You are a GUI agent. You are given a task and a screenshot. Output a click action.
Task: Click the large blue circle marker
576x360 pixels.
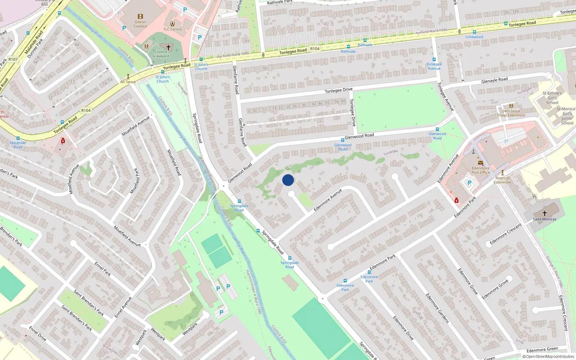pyautogui.click(x=288, y=180)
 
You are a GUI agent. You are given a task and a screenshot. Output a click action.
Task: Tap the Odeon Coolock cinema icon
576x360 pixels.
pyautogui.click(x=140, y=17)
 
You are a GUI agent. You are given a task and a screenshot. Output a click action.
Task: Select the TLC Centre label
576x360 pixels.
pyautogui.click(x=172, y=30)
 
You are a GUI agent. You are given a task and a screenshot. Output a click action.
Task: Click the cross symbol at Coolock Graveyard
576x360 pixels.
pyautogui.click(x=168, y=47)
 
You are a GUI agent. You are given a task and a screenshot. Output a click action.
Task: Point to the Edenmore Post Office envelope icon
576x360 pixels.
pyautogui.click(x=480, y=163)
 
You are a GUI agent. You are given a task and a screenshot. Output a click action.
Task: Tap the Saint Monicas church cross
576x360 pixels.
pyautogui.click(x=544, y=213)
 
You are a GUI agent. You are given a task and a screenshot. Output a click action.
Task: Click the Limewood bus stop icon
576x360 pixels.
pyautogui.click(x=474, y=32)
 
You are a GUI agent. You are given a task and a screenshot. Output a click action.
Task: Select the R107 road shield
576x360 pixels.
pyautogui.click(x=13, y=59)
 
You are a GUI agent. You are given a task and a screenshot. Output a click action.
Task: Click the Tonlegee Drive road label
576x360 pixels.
pyautogui.click(x=338, y=90)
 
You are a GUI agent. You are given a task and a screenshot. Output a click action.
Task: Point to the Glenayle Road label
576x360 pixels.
pyautogui.click(x=494, y=80)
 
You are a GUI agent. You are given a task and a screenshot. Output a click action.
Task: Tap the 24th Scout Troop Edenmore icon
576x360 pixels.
pyautogui.click(x=511, y=106)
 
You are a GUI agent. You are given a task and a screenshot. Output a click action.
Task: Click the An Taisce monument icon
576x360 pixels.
pyautogui.click(x=128, y=77)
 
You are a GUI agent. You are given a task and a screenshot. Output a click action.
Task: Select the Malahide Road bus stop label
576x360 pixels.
pyautogui.click(x=18, y=145)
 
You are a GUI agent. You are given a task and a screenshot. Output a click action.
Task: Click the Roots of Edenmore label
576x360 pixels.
pyautogui.click(x=503, y=180)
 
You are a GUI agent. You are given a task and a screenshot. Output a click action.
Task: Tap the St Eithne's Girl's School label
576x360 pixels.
pyautogui.click(x=552, y=98)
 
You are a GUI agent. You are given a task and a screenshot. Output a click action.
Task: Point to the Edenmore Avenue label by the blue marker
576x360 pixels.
pyautogui.click(x=327, y=200)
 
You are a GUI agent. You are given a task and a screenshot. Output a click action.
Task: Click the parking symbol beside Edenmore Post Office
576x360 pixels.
pyautogui.click(x=469, y=183)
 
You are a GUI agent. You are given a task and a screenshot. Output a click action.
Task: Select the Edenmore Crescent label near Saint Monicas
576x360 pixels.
pyautogui.click(x=505, y=234)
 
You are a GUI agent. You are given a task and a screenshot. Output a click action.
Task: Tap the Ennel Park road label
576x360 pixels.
pyautogui.click(x=103, y=269)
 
